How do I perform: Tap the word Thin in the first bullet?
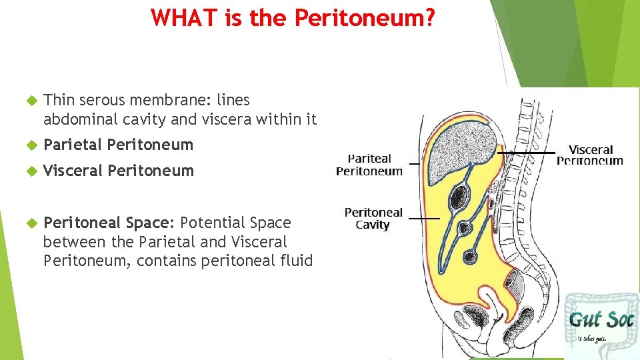(59, 101)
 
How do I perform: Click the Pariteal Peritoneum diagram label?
(369, 165)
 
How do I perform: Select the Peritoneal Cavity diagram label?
(373, 219)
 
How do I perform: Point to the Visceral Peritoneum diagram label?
(590, 155)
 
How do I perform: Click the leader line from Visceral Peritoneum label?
(530, 153)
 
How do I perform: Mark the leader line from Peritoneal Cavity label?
(424, 218)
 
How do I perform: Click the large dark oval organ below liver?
(460, 197)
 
